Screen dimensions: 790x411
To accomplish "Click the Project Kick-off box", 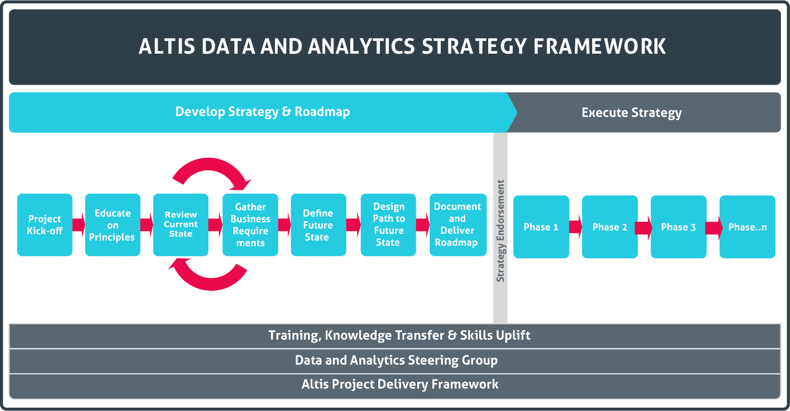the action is click(x=45, y=225).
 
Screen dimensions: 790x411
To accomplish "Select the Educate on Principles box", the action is click(x=113, y=225).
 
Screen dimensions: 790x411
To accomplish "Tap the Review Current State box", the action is click(x=181, y=225).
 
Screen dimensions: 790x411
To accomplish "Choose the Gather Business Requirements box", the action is click(x=251, y=225).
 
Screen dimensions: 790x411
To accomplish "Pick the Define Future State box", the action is click(x=319, y=225).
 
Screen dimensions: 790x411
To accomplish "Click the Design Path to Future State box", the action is click(x=389, y=225).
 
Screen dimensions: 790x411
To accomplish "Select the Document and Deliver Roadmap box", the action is click(x=458, y=225).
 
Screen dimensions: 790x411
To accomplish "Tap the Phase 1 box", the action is click(x=541, y=227).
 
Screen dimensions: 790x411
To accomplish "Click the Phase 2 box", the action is click(x=610, y=227).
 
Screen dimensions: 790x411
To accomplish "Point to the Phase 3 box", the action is click(x=678, y=227).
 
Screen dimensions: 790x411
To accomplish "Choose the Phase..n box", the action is click(x=747, y=227).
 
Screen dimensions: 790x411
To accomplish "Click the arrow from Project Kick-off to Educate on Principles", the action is click(x=79, y=225).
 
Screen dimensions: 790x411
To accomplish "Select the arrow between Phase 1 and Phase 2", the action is click(x=575, y=227).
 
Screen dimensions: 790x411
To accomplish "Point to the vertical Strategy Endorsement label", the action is click(x=501, y=231).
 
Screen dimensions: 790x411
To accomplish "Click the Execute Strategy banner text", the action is click(x=631, y=113).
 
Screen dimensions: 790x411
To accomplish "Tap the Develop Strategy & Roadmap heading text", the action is click(x=263, y=112).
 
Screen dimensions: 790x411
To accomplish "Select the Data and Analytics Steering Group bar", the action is click(x=395, y=361).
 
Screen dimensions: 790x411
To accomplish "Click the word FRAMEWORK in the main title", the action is click(x=599, y=46).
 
